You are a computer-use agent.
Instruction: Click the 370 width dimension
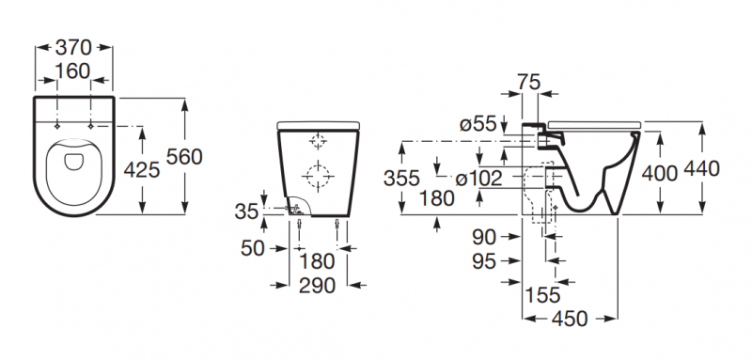pos(73,47)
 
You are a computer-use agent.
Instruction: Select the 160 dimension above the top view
pos(72,70)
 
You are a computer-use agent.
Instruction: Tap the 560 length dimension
pos(184,156)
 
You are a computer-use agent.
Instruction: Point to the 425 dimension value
pos(142,169)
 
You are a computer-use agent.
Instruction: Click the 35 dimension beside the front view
pos(246,211)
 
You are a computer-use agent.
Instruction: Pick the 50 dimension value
pos(253,248)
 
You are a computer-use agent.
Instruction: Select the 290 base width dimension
pos(317,286)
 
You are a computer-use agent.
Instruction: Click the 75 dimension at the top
pos(528,82)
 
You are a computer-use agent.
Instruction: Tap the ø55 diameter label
pos(478,124)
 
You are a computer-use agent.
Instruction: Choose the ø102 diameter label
pos(478,179)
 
